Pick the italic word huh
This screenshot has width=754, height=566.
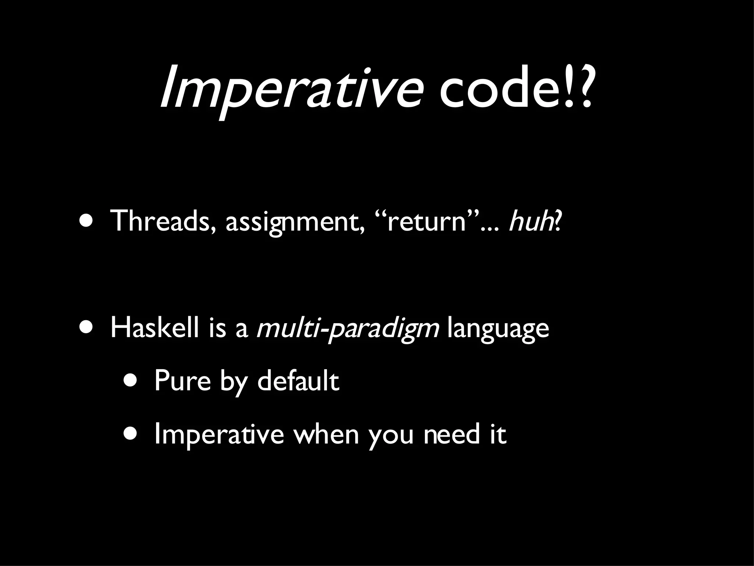click(x=530, y=221)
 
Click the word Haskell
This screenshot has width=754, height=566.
click(x=155, y=328)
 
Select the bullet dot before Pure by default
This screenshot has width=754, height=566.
click(x=131, y=381)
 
